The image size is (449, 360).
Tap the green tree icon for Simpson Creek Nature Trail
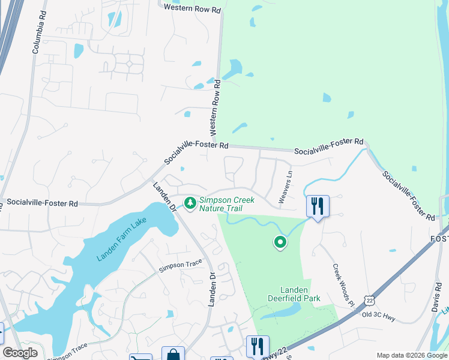pyautogui.click(x=190, y=203)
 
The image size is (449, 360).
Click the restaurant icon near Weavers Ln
pyautogui.click(x=317, y=206)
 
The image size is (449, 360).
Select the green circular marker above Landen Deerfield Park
pyautogui.click(x=280, y=242)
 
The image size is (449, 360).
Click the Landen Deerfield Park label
pyautogui.click(x=294, y=293)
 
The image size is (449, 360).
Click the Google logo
pyautogui.click(x=20, y=352)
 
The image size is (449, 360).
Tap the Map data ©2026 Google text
pyautogui.click(x=412, y=355)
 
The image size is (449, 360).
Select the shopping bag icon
pyautogui.click(x=173, y=354)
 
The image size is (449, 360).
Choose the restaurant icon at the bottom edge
pyautogui.click(x=257, y=346)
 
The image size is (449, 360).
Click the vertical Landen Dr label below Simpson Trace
pyautogui.click(x=211, y=289)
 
